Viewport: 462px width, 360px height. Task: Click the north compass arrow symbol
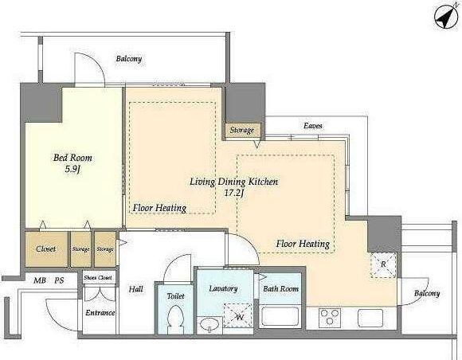click(445, 18)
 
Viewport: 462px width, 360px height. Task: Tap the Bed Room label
click(72, 158)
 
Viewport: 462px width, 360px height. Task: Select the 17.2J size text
click(234, 194)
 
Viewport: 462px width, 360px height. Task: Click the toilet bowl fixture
click(175, 319)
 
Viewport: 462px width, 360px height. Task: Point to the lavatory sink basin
click(209, 325)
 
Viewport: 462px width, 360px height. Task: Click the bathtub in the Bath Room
click(280, 317)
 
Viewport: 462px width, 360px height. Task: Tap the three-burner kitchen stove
click(330, 318)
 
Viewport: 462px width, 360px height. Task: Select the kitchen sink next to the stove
click(370, 318)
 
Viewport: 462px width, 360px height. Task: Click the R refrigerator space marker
click(383, 265)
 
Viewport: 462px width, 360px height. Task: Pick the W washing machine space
click(237, 315)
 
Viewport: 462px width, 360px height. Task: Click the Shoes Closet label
click(98, 277)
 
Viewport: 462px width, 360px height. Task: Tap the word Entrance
click(100, 312)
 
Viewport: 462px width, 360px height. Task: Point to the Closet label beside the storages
click(46, 249)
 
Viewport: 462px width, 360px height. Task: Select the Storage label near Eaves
click(242, 130)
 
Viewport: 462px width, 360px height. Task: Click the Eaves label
click(313, 126)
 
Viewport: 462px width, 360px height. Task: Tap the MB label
click(40, 280)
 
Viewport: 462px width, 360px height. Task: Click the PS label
click(59, 280)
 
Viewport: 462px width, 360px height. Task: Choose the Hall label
click(136, 289)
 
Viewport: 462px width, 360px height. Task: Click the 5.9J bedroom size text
click(72, 170)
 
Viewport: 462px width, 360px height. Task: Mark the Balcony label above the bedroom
click(129, 59)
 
